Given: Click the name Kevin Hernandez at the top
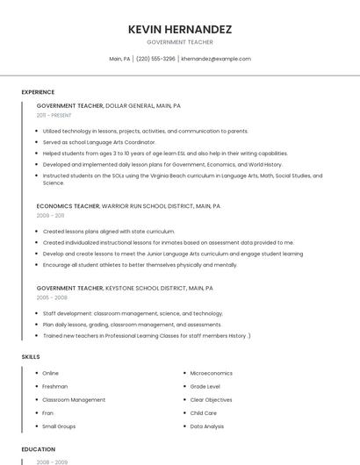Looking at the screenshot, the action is click(x=179, y=29).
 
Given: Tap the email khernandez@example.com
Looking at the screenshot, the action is click(x=216, y=59).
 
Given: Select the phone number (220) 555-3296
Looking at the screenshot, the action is click(x=155, y=59).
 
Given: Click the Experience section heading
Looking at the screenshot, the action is click(x=38, y=92).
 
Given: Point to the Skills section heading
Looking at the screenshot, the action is click(x=31, y=357).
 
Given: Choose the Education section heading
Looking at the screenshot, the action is click(x=39, y=449).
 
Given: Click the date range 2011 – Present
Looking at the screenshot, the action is click(x=54, y=115).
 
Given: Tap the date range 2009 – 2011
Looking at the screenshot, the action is click(x=50, y=215).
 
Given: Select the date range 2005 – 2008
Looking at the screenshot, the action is click(x=52, y=297).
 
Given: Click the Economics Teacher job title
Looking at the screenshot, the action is click(x=68, y=205).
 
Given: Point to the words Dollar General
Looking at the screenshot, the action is click(x=129, y=105).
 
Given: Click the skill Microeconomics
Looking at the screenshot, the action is click(x=211, y=373).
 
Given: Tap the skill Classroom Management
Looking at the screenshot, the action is click(x=74, y=399).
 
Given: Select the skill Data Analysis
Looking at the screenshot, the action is click(x=207, y=426).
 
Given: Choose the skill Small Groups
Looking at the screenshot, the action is click(x=59, y=426).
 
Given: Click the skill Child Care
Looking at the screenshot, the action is click(x=204, y=412).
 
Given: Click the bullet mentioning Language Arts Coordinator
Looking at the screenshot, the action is click(x=98, y=141).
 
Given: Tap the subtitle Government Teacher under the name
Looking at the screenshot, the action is click(x=179, y=42).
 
